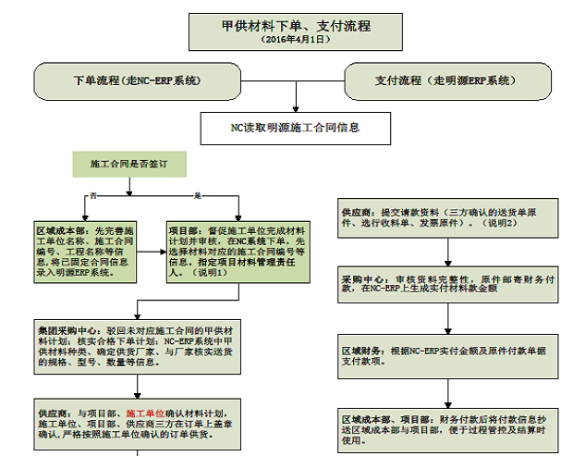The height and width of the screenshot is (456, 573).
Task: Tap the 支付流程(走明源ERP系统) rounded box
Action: pyautogui.click(x=443, y=80)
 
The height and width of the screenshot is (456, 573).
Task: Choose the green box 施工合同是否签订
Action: pyautogui.click(x=128, y=164)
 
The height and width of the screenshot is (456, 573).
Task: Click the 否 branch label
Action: pyautogui.click(x=92, y=195)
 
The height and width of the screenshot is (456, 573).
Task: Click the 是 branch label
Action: pyautogui.click(x=197, y=195)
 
